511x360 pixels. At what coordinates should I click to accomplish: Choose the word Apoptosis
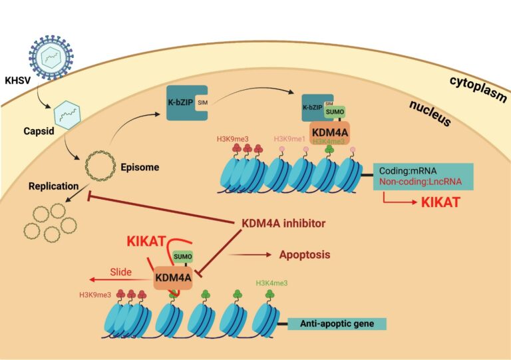[x=305, y=255]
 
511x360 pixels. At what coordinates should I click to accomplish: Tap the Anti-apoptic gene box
[x=337, y=324]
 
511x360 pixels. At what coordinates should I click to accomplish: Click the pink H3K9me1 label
[x=291, y=138]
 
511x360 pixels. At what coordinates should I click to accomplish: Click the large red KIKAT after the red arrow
[x=440, y=202]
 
